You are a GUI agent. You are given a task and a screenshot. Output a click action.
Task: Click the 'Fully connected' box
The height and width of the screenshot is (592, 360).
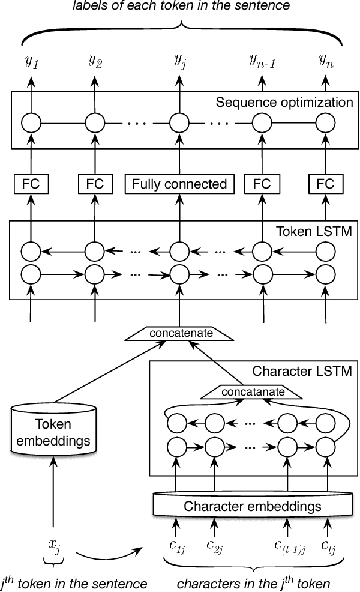179,184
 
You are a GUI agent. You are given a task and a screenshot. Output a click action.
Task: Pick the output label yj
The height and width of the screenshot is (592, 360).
179,60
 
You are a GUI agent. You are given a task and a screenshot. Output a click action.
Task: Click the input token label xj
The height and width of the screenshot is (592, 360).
55,545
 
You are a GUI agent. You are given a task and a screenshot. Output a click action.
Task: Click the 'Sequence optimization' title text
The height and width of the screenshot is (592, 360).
284,102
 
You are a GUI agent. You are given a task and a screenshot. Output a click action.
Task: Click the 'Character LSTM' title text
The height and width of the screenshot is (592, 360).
302,370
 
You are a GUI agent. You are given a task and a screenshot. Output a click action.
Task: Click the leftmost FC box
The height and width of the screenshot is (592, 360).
31,184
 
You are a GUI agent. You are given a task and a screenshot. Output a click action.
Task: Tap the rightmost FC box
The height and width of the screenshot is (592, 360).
326,184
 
